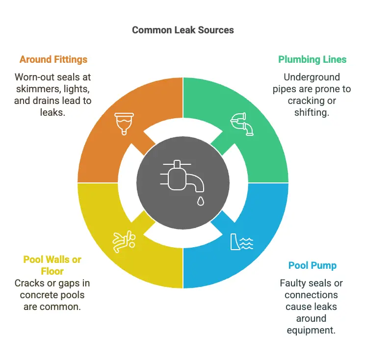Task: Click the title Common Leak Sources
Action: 183,30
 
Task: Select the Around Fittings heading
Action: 53,60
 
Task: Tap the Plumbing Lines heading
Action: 312,60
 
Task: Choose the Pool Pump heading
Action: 312,266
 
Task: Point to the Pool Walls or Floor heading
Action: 52,265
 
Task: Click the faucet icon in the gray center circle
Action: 182,175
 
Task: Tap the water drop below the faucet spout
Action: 200,201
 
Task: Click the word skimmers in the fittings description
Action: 37,89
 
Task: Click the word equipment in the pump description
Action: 312,330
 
